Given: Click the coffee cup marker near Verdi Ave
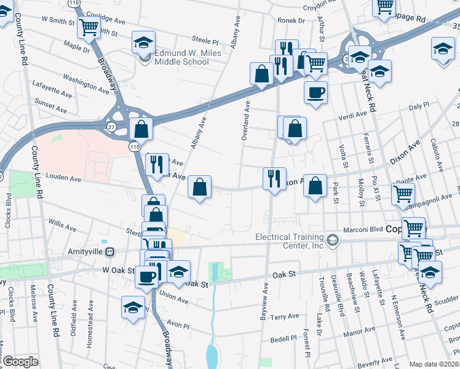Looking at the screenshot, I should coord(315,93).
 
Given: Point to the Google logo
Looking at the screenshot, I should coord(20,362).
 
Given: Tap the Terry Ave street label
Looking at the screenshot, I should coord(285,317).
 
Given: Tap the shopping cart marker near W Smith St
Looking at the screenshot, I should coord(89,27).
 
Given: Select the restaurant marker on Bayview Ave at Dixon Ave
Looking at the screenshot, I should coord(273,178).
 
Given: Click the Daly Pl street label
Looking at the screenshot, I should coord(418,106).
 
